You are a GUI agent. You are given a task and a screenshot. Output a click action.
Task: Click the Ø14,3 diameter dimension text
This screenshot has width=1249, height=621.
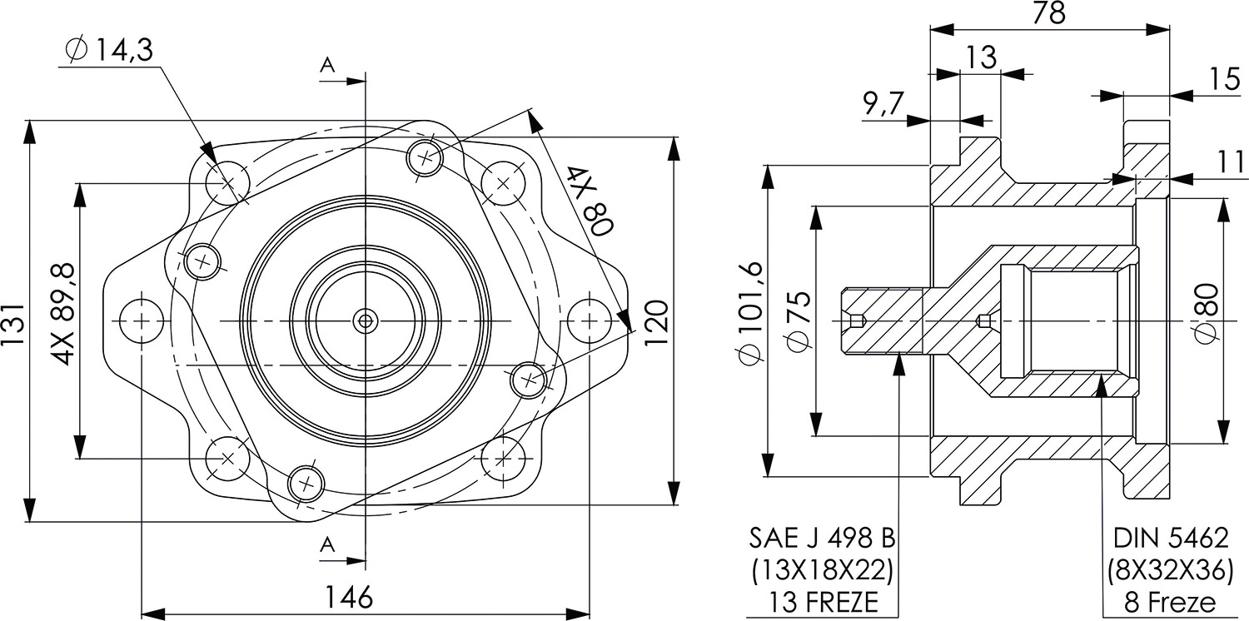tap(108, 50)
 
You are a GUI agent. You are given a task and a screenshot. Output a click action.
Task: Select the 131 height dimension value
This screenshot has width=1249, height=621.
tap(14, 320)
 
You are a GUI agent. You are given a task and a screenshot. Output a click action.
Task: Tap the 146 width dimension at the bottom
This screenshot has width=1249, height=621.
tap(348, 597)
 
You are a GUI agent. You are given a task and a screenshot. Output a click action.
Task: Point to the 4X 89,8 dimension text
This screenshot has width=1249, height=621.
tap(63, 314)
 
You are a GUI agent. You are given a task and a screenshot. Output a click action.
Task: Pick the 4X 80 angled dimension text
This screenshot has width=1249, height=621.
tap(590, 201)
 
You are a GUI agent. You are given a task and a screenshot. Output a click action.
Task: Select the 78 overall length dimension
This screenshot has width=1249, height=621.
tap(1049, 13)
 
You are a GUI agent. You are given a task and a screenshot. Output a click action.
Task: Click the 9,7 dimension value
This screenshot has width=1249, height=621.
tap(882, 104)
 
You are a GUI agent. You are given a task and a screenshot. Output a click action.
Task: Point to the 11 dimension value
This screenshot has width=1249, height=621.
tap(1231, 162)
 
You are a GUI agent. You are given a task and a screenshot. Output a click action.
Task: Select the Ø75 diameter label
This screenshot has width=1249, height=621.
tap(797, 320)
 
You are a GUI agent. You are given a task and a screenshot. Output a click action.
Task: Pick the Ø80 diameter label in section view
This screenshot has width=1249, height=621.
tap(1208, 311)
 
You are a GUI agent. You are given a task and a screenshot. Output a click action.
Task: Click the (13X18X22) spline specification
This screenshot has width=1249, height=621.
tap(823, 570)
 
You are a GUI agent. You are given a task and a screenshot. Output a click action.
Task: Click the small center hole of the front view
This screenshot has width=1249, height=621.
tap(365, 319)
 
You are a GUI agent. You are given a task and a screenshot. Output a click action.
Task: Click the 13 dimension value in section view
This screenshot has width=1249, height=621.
tap(982, 57)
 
